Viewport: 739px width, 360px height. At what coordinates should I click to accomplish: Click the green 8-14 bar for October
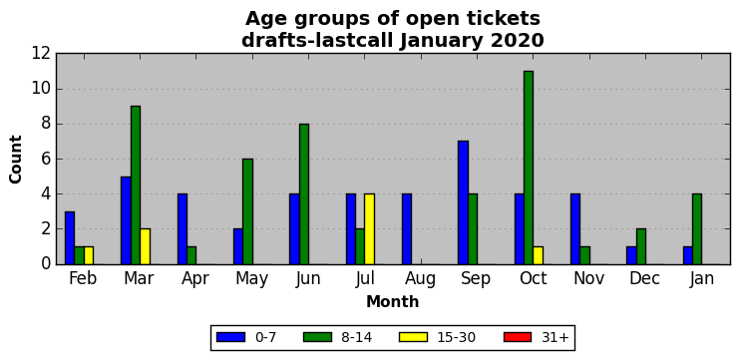point(529,168)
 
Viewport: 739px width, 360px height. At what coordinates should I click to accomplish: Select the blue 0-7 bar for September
point(463,202)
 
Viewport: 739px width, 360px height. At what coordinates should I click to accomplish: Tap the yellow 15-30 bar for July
point(369,229)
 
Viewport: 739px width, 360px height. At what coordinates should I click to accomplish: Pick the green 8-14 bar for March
point(136,185)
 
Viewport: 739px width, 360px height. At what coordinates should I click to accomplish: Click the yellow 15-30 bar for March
point(145,246)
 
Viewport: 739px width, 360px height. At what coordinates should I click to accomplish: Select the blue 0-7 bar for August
point(407,229)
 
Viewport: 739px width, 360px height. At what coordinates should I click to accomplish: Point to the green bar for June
point(304,194)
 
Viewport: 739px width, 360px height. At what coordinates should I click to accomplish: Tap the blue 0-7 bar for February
point(70,238)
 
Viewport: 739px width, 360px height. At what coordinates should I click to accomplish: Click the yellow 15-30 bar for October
point(538,255)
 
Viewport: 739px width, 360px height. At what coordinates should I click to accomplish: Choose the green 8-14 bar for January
point(697,229)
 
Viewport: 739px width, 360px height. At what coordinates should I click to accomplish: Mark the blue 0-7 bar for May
point(238,246)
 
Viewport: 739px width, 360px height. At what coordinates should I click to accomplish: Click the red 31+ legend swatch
point(517,337)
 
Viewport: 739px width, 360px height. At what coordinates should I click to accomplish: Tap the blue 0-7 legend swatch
point(230,337)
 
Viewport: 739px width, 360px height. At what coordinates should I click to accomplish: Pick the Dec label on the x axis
point(644,278)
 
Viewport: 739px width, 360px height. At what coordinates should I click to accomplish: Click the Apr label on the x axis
point(195,279)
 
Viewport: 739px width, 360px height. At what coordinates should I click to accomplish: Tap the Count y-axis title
point(16,160)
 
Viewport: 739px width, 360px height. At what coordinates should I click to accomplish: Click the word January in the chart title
point(441,42)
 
